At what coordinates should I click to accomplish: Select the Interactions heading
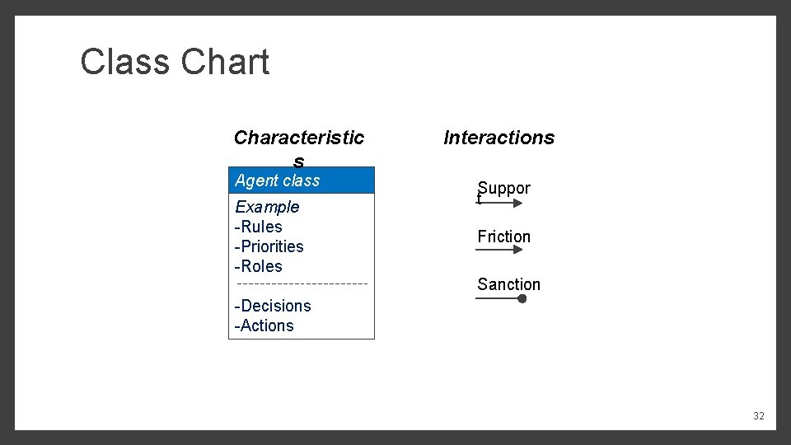pyautogui.click(x=498, y=138)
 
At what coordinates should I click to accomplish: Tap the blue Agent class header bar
pyautogui.click(x=302, y=180)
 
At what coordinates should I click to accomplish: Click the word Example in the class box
pyautogui.click(x=267, y=207)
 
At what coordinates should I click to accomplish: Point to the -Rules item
pyautogui.click(x=259, y=227)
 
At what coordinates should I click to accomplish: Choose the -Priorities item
pyautogui.click(x=269, y=246)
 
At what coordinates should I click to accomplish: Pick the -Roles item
pyautogui.click(x=259, y=266)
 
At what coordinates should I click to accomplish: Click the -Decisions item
pyautogui.click(x=273, y=306)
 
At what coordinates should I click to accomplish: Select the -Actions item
pyautogui.click(x=264, y=326)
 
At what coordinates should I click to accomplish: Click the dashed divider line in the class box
pyautogui.click(x=302, y=284)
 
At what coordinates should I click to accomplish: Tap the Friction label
pyautogui.click(x=503, y=237)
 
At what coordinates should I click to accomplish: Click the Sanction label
pyautogui.click(x=508, y=284)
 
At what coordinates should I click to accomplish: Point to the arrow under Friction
pyautogui.click(x=499, y=250)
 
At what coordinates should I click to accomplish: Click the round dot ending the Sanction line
pyautogui.click(x=522, y=298)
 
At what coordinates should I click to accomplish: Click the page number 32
pyautogui.click(x=758, y=416)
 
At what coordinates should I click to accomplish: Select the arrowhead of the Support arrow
pyautogui.click(x=517, y=202)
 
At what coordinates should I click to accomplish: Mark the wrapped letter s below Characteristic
pyautogui.click(x=298, y=162)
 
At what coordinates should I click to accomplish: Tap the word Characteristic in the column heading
pyautogui.click(x=299, y=138)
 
